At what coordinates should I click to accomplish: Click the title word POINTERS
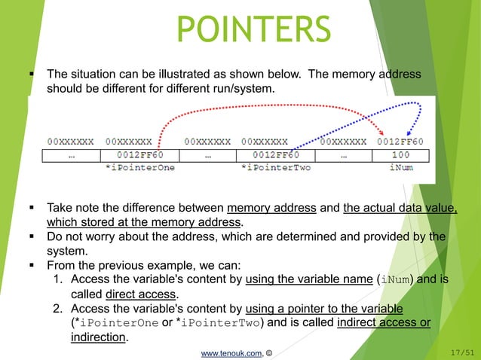tap(253, 30)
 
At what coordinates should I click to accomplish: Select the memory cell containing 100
tap(400, 155)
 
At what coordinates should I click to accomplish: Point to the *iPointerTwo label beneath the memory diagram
tap(275, 167)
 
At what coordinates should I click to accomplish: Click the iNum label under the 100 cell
tap(400, 167)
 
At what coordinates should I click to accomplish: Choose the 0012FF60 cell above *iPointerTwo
tap(275, 155)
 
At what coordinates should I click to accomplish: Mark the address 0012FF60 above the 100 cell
tap(400, 141)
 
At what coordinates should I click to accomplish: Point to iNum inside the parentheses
tap(396, 279)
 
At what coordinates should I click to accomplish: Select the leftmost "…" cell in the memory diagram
tap(71, 155)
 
